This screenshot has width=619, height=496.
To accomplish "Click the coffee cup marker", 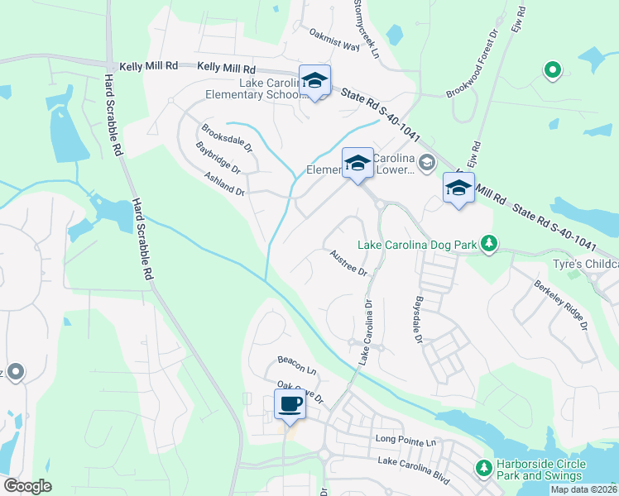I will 290,404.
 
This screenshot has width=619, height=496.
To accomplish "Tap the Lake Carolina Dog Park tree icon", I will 490,244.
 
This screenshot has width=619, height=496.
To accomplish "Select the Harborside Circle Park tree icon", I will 483,469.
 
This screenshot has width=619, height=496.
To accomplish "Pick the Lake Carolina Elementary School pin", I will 314,80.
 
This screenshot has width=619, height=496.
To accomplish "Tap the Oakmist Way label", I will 334,41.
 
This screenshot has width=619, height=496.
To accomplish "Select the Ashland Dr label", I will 225,184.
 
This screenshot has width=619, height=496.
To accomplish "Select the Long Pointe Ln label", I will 405,440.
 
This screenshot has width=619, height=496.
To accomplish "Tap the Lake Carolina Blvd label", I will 414,467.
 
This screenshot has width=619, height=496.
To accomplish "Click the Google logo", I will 27,486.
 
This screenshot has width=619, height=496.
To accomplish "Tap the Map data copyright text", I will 583,490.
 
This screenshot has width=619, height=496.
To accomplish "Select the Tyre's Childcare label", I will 585,265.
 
